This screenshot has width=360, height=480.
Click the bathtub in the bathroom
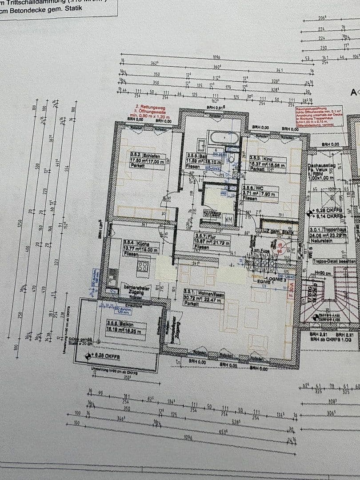pyautogui.click(x=224, y=137)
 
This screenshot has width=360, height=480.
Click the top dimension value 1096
pyautogui.click(x=216, y=57)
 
